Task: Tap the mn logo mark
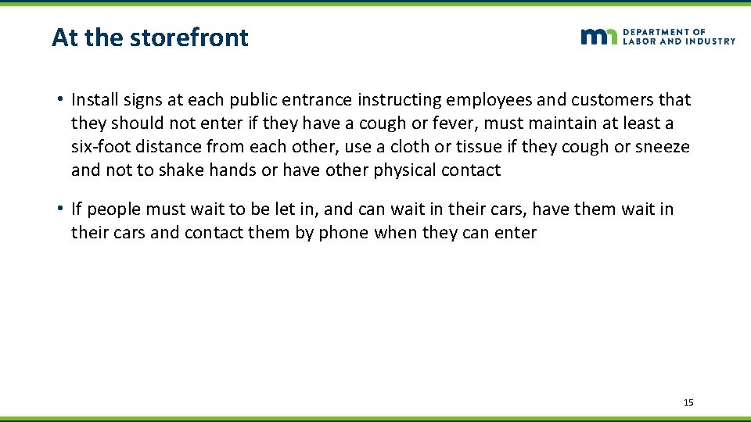coord(599,37)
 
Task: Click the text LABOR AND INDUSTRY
coord(679,41)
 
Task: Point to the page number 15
coord(688,402)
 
